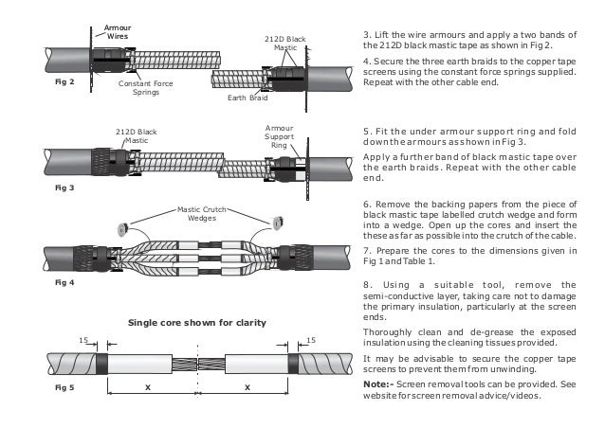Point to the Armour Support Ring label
[279, 136]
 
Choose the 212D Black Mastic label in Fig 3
[130, 135]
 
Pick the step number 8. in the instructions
[368, 283]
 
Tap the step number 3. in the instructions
[368, 35]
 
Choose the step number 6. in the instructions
[368, 203]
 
